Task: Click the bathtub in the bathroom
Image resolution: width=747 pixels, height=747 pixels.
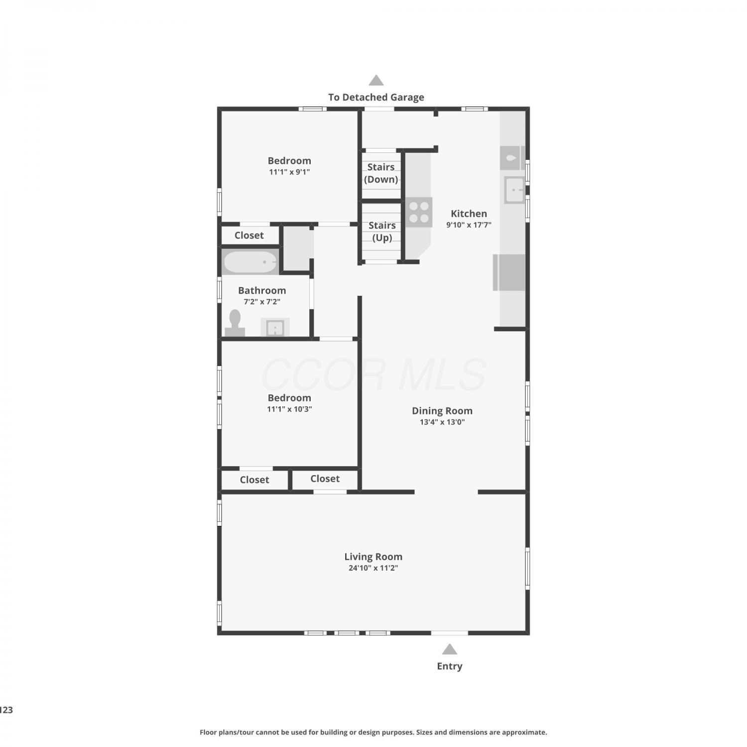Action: coord(250,261)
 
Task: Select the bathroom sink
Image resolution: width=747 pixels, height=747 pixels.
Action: coord(275,327)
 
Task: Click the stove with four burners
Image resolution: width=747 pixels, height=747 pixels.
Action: coord(419,213)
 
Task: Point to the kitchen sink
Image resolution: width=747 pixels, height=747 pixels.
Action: coord(514,190)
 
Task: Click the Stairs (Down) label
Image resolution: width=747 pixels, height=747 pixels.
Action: coord(381,173)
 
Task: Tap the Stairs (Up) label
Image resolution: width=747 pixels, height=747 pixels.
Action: coord(382,232)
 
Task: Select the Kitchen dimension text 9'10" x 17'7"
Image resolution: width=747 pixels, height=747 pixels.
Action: coord(469,225)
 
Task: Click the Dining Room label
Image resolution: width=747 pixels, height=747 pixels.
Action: coord(442,411)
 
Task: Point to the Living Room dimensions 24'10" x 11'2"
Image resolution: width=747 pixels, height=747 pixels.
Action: coord(373,568)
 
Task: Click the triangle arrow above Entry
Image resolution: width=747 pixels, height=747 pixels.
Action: coord(450,649)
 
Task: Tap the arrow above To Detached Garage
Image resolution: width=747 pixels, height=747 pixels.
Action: coord(376,80)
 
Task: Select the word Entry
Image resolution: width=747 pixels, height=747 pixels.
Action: coord(450,666)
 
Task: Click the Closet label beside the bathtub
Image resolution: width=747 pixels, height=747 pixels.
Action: coord(249,235)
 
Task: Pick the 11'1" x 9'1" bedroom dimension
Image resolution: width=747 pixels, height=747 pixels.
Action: coord(289,172)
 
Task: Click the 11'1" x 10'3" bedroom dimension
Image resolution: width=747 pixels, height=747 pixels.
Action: coord(289,409)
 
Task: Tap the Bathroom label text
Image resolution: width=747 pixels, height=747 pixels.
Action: coord(262,290)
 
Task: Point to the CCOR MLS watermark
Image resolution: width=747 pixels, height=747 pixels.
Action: coord(373,374)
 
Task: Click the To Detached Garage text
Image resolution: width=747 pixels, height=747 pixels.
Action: coord(376,97)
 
